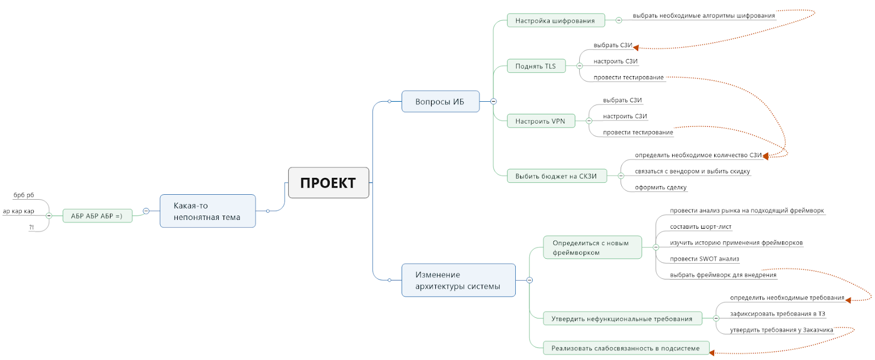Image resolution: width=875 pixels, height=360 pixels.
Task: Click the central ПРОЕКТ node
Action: coord(328,183)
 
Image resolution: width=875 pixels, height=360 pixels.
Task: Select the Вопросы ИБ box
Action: coord(440,102)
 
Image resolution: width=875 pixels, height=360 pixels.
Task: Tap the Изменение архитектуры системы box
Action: coord(458,280)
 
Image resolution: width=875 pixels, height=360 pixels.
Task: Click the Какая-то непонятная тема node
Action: coord(207,211)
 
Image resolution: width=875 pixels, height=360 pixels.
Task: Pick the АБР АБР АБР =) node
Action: coord(97,216)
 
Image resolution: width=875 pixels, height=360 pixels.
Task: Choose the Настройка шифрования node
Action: coord(555,21)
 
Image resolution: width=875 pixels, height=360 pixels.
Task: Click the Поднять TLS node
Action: coord(535,66)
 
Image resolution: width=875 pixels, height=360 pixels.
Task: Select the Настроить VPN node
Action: coord(540,121)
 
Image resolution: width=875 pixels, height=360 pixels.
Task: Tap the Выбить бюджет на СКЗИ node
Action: coord(556,176)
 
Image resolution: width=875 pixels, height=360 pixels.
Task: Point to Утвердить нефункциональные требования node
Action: coord(622,319)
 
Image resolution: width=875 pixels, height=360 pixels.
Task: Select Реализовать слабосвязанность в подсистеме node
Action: coord(626,349)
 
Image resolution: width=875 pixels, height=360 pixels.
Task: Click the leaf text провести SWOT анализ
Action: coord(704,259)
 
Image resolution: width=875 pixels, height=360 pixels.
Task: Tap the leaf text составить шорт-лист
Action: coord(701,227)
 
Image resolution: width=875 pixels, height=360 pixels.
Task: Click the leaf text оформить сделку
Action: coord(661,187)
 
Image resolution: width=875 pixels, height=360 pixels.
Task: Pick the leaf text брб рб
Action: coord(24,195)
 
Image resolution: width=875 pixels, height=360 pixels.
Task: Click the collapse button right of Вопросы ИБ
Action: coord(493,101)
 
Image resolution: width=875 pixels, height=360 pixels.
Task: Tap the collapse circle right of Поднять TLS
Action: coord(580,66)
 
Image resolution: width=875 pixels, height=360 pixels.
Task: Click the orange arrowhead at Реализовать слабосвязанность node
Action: coord(712,353)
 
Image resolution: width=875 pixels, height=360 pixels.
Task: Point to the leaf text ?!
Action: coord(32,227)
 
